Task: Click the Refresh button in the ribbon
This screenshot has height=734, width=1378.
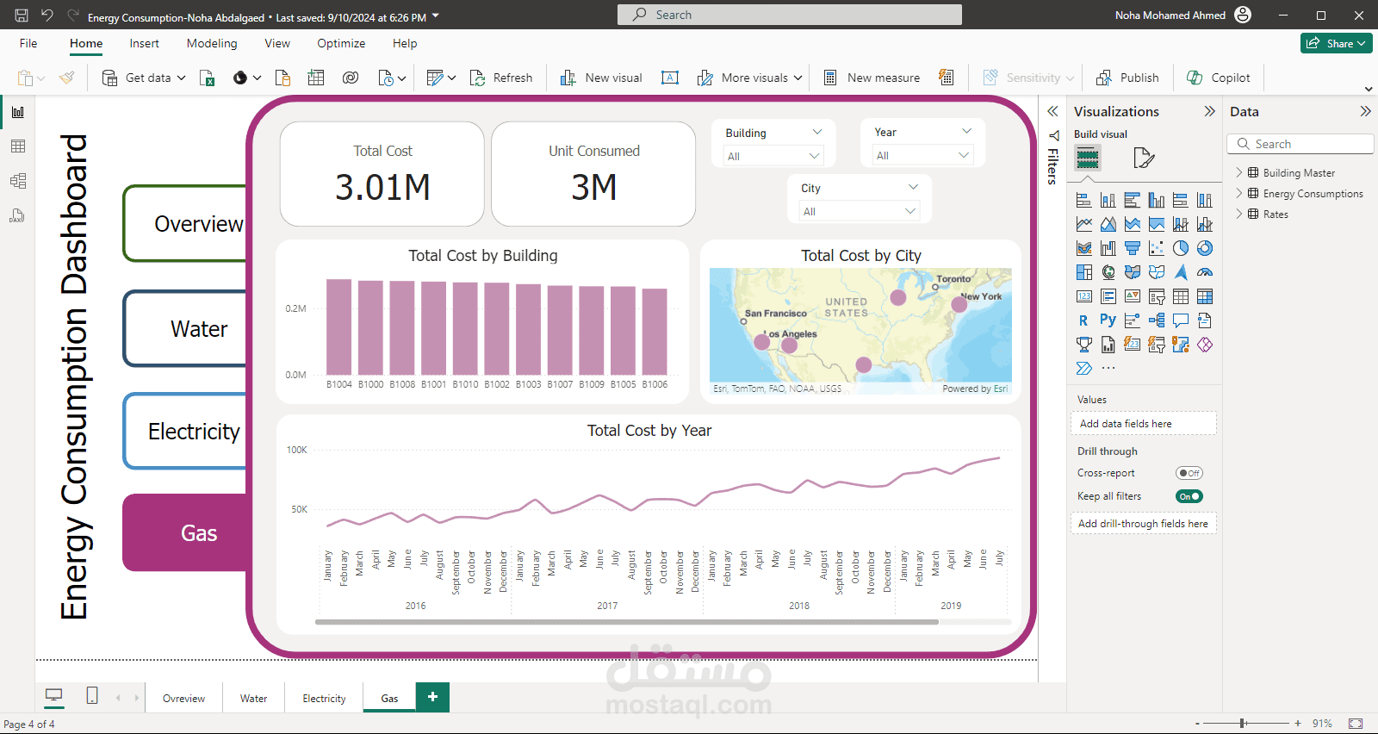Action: (x=502, y=78)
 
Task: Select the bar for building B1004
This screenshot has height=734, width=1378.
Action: (x=338, y=327)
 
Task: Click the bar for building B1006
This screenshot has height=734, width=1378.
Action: (x=655, y=332)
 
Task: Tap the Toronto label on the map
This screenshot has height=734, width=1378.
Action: (x=953, y=279)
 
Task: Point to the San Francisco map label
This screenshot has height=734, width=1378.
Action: (x=775, y=314)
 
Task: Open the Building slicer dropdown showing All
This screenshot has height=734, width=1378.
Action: (x=773, y=156)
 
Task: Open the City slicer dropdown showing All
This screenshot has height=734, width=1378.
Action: (x=859, y=211)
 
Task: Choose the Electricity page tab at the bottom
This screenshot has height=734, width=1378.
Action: (x=324, y=699)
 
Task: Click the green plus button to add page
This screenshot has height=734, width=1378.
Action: (x=432, y=697)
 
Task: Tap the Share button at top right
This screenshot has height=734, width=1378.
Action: (x=1336, y=43)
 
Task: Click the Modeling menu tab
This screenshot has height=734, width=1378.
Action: (x=212, y=43)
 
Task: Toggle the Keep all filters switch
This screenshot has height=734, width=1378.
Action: (x=1189, y=496)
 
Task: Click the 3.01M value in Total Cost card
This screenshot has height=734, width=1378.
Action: (x=382, y=188)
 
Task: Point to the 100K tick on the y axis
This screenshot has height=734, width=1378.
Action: (x=297, y=450)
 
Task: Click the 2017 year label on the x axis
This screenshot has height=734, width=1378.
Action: (x=607, y=606)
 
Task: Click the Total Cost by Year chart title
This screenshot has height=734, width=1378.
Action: (x=649, y=431)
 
